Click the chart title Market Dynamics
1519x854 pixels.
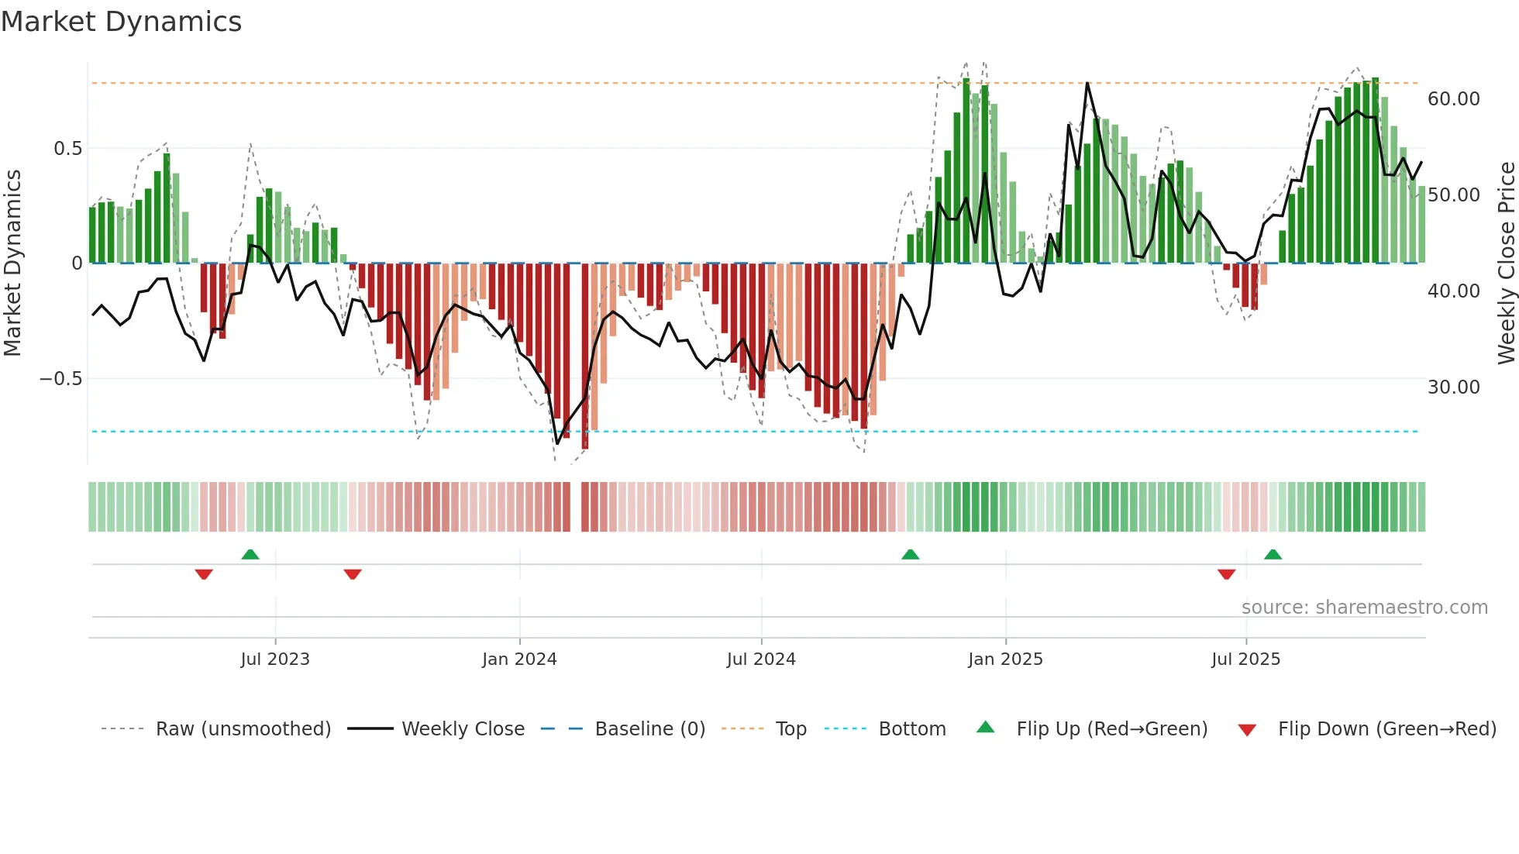point(121,22)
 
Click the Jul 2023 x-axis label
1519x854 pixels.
point(275,659)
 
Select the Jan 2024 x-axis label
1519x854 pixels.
point(519,659)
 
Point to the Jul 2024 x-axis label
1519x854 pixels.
point(761,659)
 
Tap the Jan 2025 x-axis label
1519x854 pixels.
point(1005,659)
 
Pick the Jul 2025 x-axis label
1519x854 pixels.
point(1246,659)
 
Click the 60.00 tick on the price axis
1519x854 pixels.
point(1454,99)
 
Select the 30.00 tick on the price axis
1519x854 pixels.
point(1454,387)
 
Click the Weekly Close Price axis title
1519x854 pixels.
point(1507,263)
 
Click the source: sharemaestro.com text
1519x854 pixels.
point(1364,608)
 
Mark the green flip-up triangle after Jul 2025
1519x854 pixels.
point(1273,555)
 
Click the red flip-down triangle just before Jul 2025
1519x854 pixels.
point(1226,574)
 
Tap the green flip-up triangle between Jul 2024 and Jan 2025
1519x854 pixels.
point(911,555)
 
